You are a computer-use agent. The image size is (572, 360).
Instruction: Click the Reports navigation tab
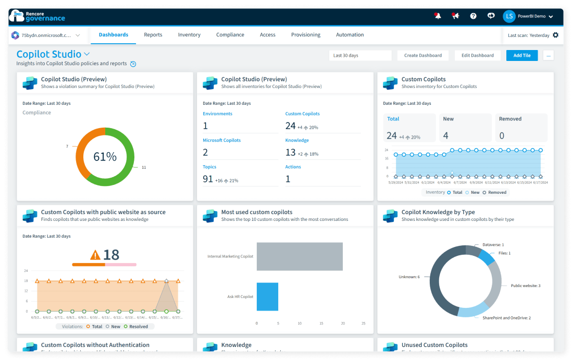tap(153, 35)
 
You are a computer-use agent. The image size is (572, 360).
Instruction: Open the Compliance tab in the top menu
tap(230, 35)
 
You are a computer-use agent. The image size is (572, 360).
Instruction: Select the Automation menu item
tap(350, 35)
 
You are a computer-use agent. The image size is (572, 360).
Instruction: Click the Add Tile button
tap(522, 55)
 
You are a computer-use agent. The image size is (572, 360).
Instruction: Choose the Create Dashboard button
tap(423, 55)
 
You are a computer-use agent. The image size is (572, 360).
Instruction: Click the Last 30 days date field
tap(360, 55)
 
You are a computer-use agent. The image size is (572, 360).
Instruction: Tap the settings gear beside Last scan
tap(555, 35)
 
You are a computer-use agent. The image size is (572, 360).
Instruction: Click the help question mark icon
tap(473, 16)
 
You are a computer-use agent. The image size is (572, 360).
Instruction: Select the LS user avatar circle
tap(509, 16)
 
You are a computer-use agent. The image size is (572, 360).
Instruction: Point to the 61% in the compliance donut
tap(105, 157)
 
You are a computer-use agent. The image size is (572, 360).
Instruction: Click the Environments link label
tap(218, 114)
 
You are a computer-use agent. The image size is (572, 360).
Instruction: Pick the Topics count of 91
tap(208, 179)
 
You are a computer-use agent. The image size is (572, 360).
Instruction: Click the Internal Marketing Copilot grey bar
tap(300, 256)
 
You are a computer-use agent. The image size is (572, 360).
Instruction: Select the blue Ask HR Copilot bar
tap(267, 296)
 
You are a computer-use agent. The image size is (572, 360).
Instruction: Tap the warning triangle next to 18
tap(95, 255)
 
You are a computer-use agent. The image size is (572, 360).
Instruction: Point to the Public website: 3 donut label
tap(525, 285)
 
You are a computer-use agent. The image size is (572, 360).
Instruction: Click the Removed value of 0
tap(502, 136)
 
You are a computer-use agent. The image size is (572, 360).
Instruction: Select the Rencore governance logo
tap(38, 16)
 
